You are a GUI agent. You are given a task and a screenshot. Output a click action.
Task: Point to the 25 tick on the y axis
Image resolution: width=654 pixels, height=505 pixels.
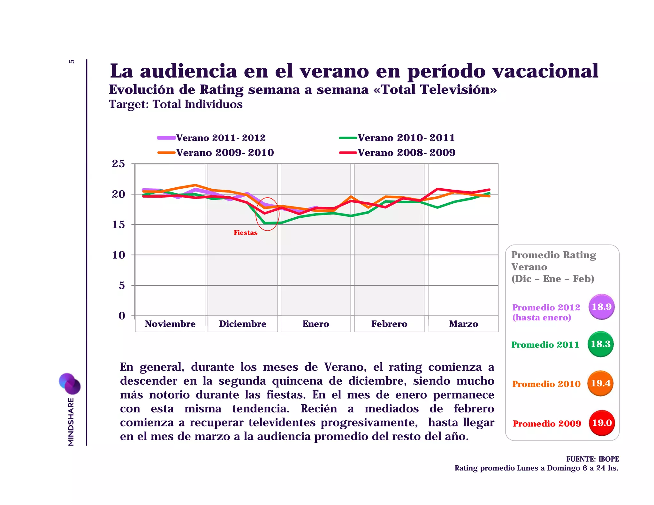(x=118, y=164)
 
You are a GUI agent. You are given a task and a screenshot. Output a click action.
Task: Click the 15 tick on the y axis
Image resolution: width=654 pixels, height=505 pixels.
(x=118, y=225)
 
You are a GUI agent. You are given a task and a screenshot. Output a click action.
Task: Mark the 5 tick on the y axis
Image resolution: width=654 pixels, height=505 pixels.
(x=122, y=285)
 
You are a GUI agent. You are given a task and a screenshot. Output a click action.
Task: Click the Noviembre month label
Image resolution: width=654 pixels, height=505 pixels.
(x=170, y=324)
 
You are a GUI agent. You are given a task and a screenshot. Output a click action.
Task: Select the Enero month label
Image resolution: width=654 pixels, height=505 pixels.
(x=316, y=324)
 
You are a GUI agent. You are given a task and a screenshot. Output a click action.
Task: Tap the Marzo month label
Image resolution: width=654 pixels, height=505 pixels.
(x=463, y=324)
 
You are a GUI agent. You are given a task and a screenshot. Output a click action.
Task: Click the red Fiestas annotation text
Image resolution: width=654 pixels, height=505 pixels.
(x=245, y=233)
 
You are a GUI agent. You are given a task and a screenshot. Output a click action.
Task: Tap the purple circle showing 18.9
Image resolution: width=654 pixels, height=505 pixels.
(x=602, y=307)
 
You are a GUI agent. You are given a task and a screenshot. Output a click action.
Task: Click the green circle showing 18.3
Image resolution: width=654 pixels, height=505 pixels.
(x=600, y=344)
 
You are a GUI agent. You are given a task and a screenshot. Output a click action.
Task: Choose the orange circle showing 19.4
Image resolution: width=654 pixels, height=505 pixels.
(x=600, y=383)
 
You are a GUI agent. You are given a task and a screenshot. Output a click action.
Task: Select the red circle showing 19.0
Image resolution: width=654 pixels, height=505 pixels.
(x=602, y=423)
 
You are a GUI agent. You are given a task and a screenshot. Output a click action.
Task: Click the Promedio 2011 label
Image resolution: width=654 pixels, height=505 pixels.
(x=545, y=345)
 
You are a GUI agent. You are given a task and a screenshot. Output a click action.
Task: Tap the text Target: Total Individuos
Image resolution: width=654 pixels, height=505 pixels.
(x=176, y=104)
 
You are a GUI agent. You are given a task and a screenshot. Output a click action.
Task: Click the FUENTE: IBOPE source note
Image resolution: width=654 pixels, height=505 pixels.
(x=592, y=459)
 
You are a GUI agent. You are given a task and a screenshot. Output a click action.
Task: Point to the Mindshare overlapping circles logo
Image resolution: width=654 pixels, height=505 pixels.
(x=70, y=384)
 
